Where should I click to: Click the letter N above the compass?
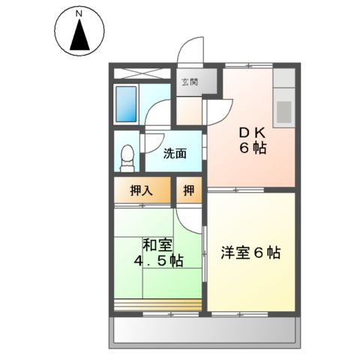pyautogui.click(x=79, y=13)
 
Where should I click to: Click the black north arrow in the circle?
pyautogui.click(x=79, y=37)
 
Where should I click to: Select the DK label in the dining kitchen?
pyautogui.click(x=253, y=133)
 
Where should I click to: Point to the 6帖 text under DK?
pyautogui.click(x=253, y=148)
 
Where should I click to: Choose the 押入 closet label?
pyautogui.click(x=143, y=190)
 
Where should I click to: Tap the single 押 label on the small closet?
pyautogui.click(x=189, y=190)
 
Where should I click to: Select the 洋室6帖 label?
pyautogui.click(x=251, y=253)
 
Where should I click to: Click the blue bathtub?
pyautogui.click(x=127, y=104)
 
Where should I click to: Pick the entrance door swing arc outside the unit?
pyautogui.click(x=192, y=51)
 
